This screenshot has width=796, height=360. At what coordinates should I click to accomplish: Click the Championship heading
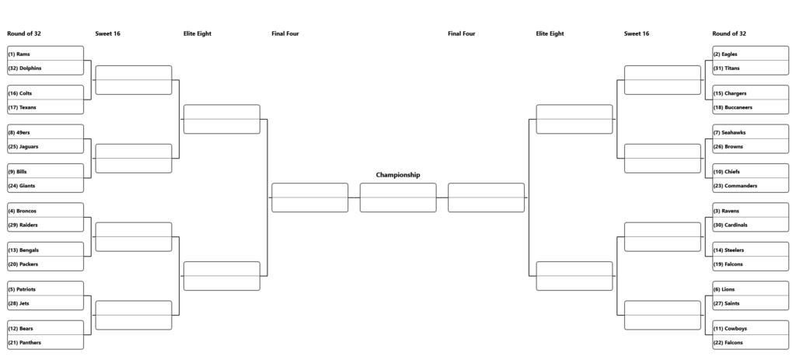click(x=398, y=175)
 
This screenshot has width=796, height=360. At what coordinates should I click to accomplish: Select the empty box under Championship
click(x=398, y=197)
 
